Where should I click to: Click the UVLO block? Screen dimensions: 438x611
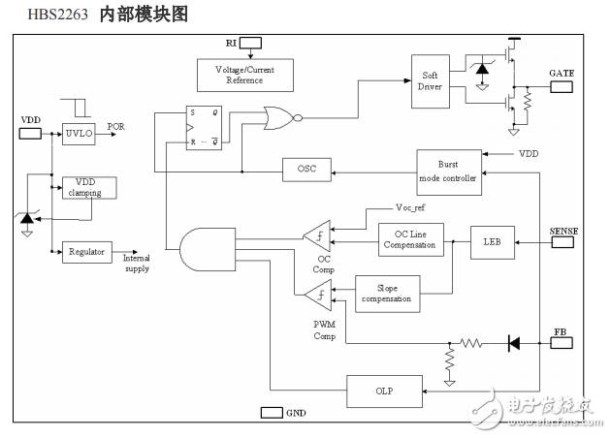tap(78, 135)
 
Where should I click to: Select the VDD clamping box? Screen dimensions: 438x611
tap(88, 187)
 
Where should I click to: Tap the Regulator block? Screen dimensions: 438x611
tap(86, 252)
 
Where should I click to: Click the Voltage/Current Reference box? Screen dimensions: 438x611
tap(243, 74)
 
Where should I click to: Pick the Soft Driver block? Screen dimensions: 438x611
tap(430, 81)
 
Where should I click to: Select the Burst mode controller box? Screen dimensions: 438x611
tap(448, 172)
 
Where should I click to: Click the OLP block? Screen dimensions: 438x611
tap(384, 391)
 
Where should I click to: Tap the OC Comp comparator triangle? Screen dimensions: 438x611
tap(318, 234)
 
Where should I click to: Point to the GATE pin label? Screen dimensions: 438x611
tap(563, 74)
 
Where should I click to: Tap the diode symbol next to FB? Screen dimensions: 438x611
tap(513, 343)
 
